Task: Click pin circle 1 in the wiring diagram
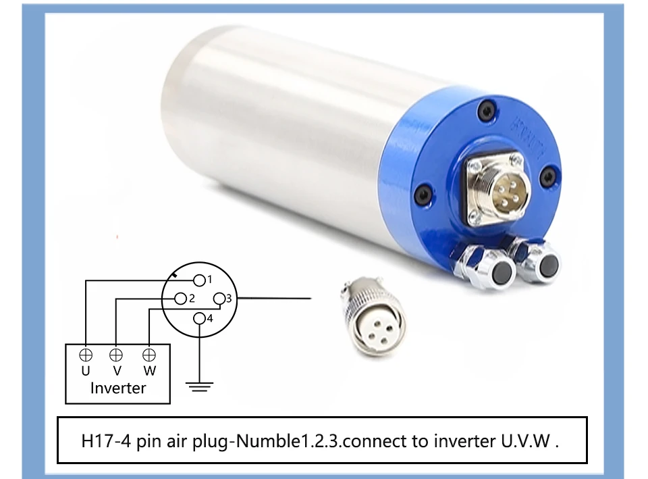pyautogui.click(x=199, y=280)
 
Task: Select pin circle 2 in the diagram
pyautogui.click(x=181, y=298)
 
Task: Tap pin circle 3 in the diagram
pyautogui.click(x=219, y=298)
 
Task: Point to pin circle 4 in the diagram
pyautogui.click(x=199, y=318)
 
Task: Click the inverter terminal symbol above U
pyautogui.click(x=86, y=355)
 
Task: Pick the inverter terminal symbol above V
pyautogui.click(x=116, y=355)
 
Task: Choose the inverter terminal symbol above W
pyautogui.click(x=148, y=355)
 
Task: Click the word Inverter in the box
pyautogui.click(x=118, y=388)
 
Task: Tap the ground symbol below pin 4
pyautogui.click(x=200, y=387)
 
